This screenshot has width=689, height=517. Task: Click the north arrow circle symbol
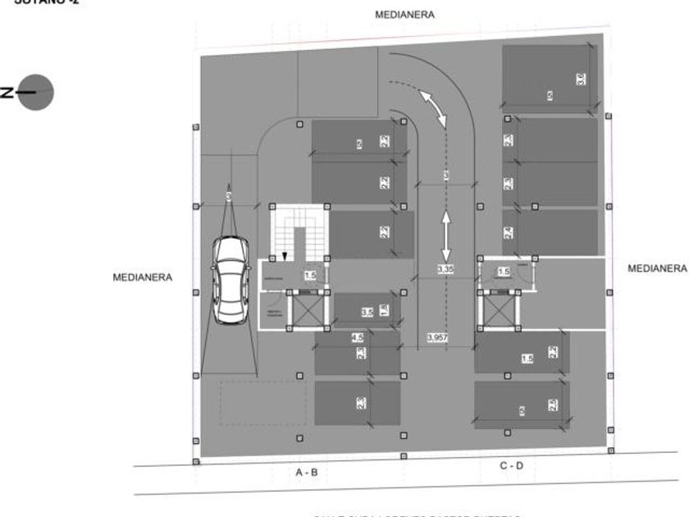click(36, 92)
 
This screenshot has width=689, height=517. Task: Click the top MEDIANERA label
click(404, 15)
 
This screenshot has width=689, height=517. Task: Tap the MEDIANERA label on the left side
click(143, 277)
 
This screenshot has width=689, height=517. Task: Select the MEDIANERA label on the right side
click(656, 268)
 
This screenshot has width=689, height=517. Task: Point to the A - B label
click(306, 473)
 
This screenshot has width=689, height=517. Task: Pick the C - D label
click(511, 465)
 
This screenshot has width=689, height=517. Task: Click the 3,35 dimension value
click(445, 269)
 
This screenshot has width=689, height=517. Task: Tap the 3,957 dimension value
click(439, 337)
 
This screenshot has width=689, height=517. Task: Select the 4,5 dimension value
click(357, 337)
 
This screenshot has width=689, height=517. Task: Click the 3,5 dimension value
click(367, 312)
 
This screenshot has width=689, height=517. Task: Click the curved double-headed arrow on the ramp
click(433, 108)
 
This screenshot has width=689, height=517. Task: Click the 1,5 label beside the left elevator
click(310, 277)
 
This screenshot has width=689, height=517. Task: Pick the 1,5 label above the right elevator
click(504, 272)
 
